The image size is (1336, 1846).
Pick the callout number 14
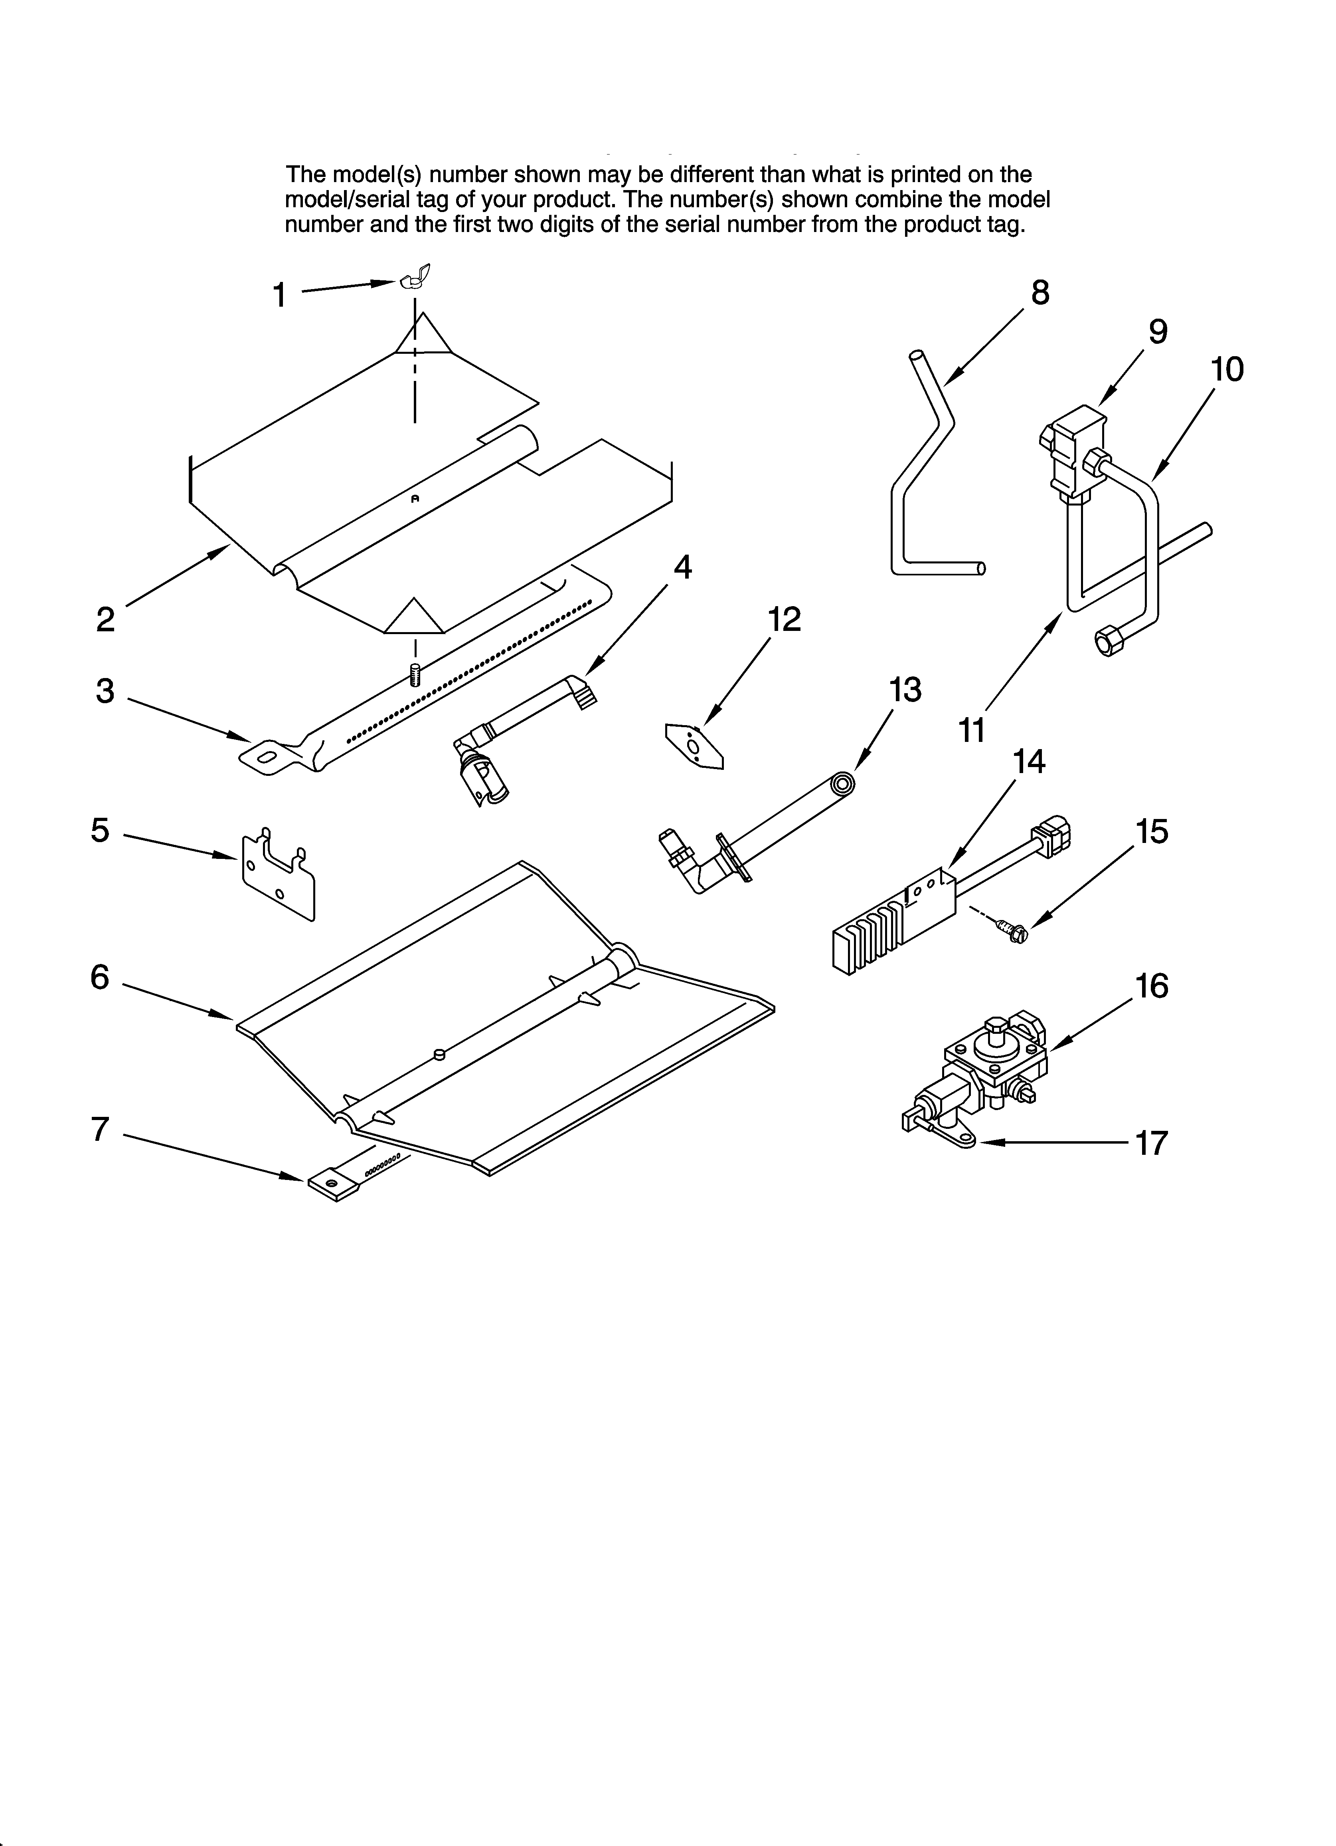coord(1028,761)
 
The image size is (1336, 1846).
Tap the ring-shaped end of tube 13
coord(843,784)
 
